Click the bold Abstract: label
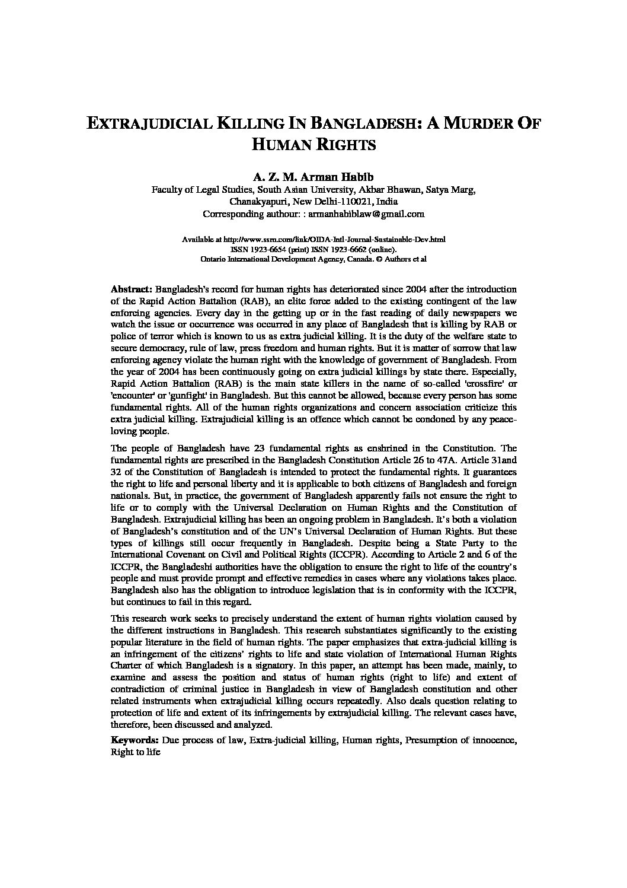pyautogui.click(x=132, y=289)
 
